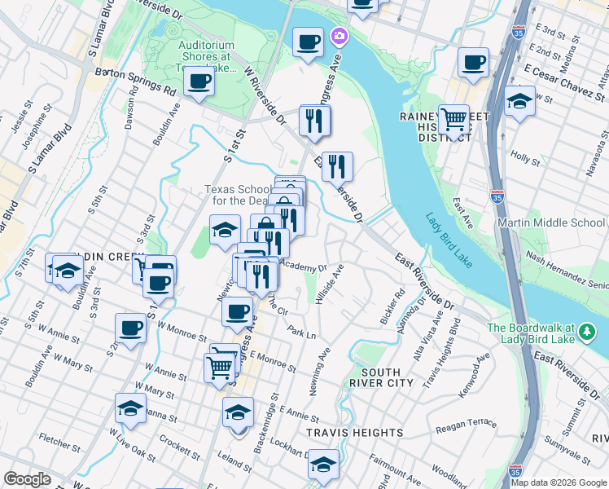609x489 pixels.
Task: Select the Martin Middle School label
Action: pyautogui.click(x=560, y=222)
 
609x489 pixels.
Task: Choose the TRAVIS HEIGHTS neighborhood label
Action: pyautogui.click(x=355, y=432)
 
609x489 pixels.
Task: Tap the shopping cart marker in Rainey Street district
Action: pyautogui.click(x=453, y=120)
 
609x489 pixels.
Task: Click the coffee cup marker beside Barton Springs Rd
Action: pyautogui.click(x=198, y=81)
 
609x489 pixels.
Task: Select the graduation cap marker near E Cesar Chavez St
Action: pyautogui.click(x=519, y=102)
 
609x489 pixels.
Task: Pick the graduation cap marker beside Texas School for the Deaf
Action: pyautogui.click(x=225, y=230)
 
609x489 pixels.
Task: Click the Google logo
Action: pyautogui.click(x=27, y=479)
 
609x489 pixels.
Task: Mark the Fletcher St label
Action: pyautogui.click(x=58, y=443)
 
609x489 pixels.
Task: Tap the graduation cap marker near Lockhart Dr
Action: pyautogui.click(x=323, y=464)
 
